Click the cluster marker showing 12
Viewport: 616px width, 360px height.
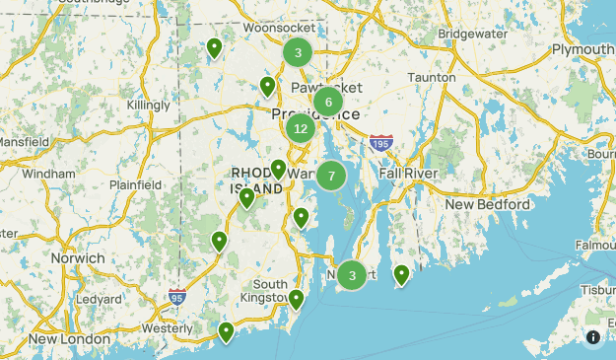[x=301, y=128]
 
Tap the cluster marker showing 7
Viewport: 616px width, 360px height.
[x=331, y=177]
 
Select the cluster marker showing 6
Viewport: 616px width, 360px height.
[x=328, y=102]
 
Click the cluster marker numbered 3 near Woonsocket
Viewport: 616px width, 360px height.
[x=298, y=52]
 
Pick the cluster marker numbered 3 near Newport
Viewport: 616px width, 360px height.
[x=352, y=276]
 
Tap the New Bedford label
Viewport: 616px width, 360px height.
[x=488, y=204]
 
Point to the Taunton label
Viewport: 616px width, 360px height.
[x=431, y=77]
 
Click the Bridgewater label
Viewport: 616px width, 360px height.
[x=472, y=34]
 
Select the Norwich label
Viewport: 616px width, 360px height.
[x=77, y=258]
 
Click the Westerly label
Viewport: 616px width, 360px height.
[x=167, y=327]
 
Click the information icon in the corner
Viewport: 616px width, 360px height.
[x=593, y=337]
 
